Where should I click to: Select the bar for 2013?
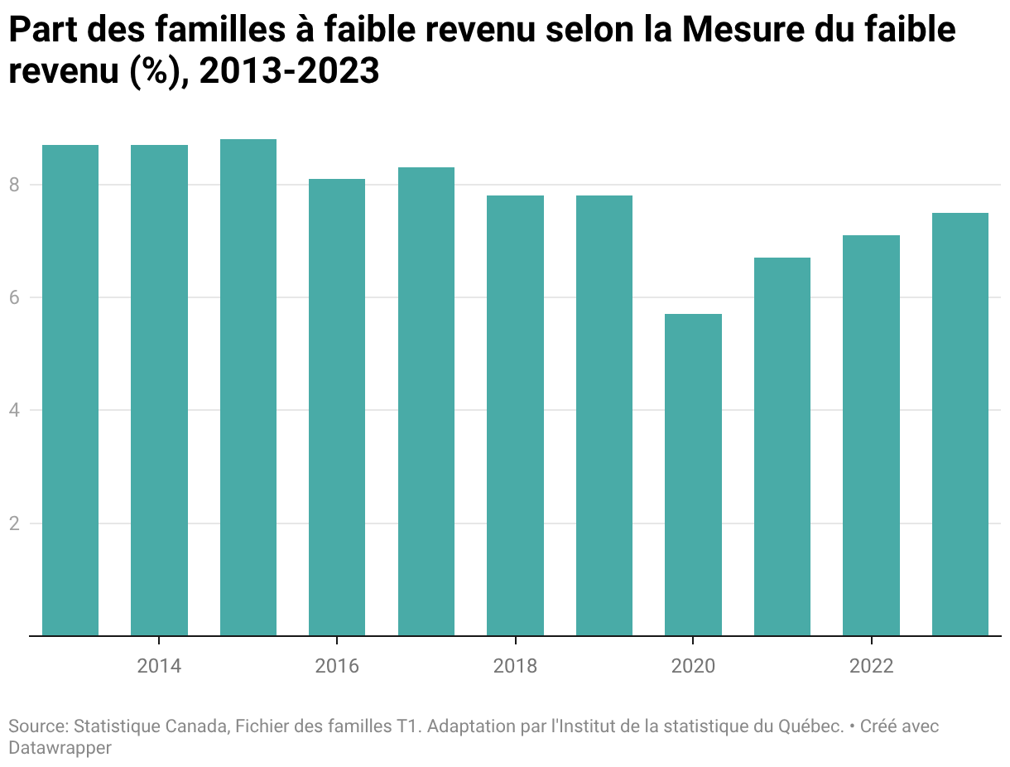(x=70, y=390)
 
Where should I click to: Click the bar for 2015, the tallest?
(x=248, y=387)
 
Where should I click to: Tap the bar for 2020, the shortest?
(x=693, y=475)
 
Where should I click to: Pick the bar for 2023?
(x=959, y=424)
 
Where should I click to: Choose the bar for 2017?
(x=426, y=402)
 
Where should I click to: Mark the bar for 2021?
(x=782, y=446)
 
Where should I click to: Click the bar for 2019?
(x=604, y=415)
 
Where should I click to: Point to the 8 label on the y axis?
(x=14, y=185)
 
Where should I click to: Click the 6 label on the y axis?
(x=14, y=297)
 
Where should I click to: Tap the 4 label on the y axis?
(x=14, y=410)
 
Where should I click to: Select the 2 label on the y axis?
(x=14, y=523)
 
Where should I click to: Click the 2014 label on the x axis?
(x=159, y=666)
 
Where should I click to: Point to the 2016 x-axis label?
(x=337, y=666)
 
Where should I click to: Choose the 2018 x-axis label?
(x=516, y=666)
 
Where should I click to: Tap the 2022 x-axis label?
(x=872, y=666)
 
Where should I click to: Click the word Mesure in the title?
(x=743, y=30)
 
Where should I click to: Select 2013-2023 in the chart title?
(x=290, y=71)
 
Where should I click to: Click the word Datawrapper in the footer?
(x=60, y=748)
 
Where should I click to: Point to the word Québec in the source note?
(x=811, y=727)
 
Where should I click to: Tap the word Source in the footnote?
(x=39, y=727)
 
